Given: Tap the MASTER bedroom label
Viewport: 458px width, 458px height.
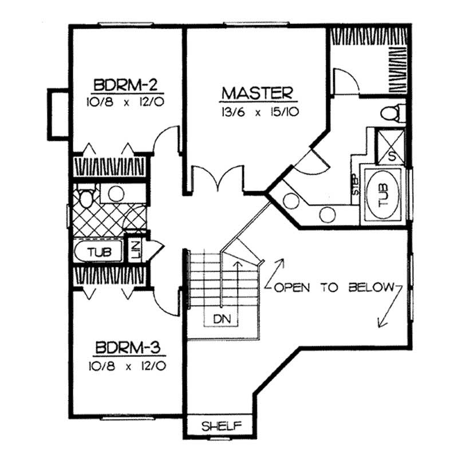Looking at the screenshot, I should click(258, 93).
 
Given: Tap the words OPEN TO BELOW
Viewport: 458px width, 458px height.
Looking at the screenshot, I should click(335, 287).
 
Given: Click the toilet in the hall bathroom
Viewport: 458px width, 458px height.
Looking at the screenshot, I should click(86, 198).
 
